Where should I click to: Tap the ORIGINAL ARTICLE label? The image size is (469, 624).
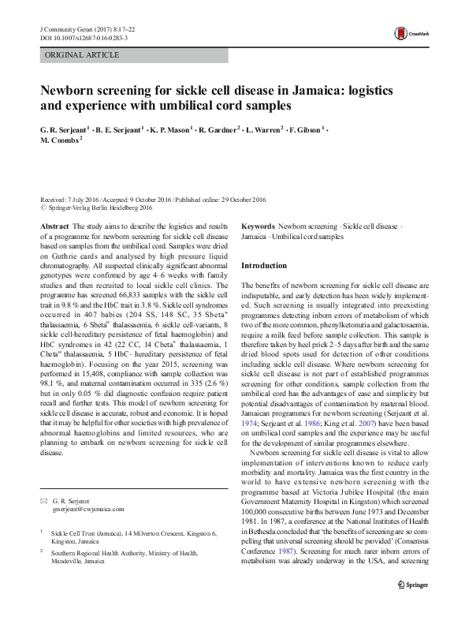[x=82, y=55]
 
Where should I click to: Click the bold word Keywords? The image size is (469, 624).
[x=257, y=226]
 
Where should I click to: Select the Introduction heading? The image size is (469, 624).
[x=264, y=266]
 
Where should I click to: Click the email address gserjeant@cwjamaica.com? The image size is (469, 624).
[x=87, y=510]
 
